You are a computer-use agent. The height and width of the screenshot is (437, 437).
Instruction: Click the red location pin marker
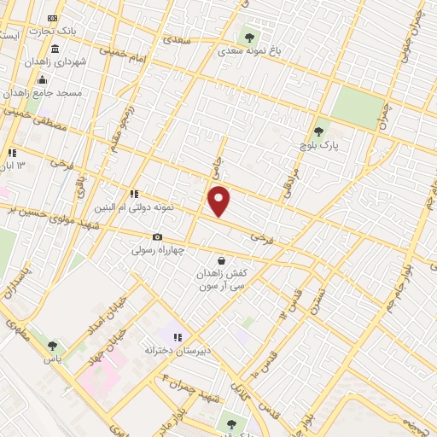pos(219,201)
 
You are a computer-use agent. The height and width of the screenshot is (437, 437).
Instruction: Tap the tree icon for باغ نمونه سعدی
pos(250,37)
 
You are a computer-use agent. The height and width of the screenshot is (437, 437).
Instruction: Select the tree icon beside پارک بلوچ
pos(318,131)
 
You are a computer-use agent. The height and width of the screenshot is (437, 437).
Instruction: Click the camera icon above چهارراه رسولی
pos(157,236)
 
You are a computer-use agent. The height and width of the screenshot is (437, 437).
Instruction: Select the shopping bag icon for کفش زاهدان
pos(222,260)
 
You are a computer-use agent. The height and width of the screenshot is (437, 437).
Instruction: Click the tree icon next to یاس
pos(53,346)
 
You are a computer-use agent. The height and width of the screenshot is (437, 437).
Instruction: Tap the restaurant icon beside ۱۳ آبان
pos(12,153)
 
